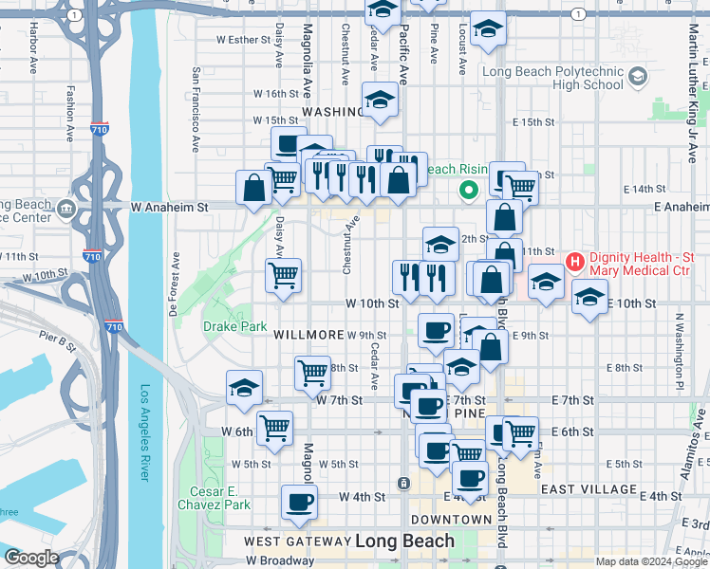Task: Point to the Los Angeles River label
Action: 145,432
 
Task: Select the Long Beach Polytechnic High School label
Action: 552,78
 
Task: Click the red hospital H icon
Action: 573,261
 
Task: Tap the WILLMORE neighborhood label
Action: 308,336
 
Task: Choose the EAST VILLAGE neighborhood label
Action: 589,489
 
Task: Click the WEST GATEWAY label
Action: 297,541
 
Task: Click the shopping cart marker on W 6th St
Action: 275,427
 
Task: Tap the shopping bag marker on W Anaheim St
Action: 254,188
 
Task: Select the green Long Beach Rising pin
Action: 468,192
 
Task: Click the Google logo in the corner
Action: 30,558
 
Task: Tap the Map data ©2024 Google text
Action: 650,561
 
